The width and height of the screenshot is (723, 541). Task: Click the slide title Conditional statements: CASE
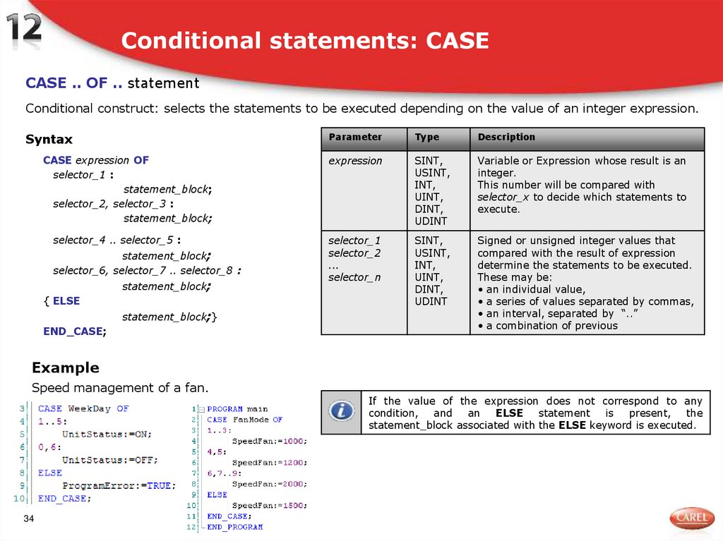305,41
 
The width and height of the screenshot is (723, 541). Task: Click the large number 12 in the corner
25,29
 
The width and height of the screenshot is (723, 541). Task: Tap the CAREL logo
691,518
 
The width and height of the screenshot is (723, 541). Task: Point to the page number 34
29,520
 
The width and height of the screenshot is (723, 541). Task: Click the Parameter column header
355,138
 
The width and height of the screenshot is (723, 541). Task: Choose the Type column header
426,138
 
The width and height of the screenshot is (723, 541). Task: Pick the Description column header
506,138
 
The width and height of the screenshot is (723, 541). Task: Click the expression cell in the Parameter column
355,161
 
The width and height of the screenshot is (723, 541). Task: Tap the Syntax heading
49,139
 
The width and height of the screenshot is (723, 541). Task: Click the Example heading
65,367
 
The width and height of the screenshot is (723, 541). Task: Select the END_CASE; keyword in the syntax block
75,331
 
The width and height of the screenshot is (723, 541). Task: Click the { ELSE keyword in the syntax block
61,301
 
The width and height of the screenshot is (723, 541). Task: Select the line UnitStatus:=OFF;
109,460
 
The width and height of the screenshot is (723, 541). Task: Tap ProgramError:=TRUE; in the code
119,486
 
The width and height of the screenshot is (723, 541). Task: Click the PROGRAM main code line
237,409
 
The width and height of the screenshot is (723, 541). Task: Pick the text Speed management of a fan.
120,388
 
